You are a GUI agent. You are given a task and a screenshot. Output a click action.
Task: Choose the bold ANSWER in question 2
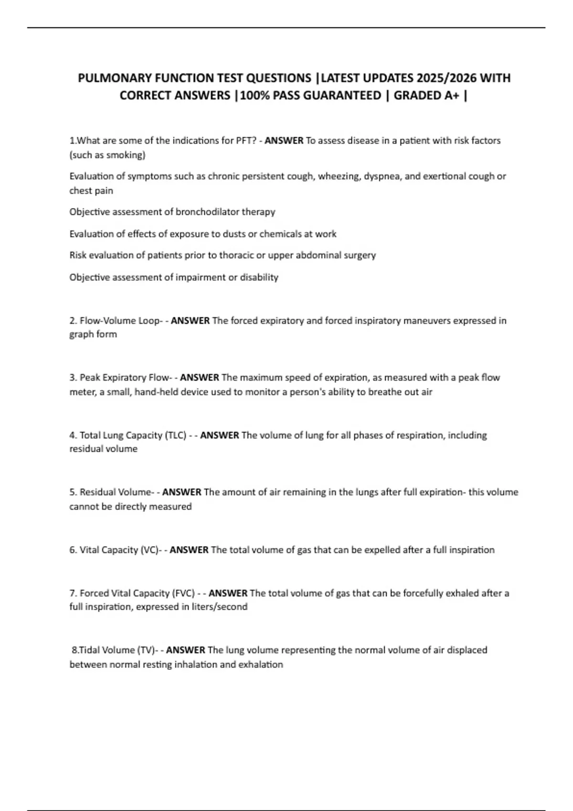click(190, 321)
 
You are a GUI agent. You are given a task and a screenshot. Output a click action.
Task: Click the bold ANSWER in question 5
click(181, 492)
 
